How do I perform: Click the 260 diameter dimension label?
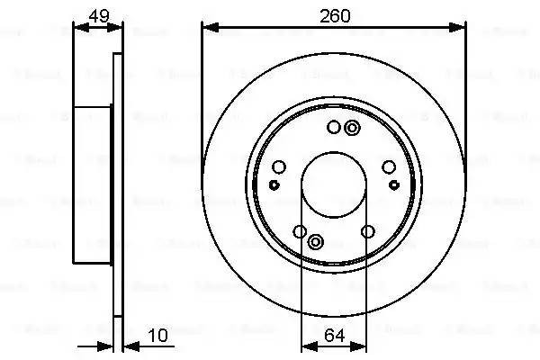pos(334,15)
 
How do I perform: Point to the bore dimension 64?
pos(334,336)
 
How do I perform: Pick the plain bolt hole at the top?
pos(333,127)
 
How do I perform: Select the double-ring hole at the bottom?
pos(316,241)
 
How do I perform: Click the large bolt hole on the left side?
pos(278,166)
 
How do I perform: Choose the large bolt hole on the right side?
pos(389,166)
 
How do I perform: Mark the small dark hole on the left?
pos(274,184)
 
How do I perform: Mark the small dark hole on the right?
pos(394,184)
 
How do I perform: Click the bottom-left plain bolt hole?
pos(300,232)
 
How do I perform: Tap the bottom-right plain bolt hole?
pos(367,232)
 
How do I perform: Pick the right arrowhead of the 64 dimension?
pos(362,347)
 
